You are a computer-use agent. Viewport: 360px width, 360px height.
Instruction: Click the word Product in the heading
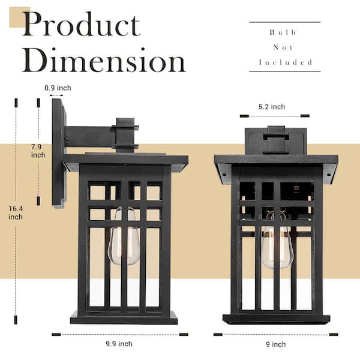click(82, 24)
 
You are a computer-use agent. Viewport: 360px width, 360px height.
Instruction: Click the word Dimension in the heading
click(104, 60)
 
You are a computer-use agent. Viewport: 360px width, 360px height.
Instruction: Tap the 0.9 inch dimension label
click(58, 88)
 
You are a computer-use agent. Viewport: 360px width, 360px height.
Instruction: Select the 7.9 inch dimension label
click(38, 151)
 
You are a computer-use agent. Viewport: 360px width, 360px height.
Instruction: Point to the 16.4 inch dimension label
click(16, 213)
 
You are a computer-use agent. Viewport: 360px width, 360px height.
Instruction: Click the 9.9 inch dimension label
click(119, 344)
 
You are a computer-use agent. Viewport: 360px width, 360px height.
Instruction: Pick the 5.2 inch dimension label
click(272, 107)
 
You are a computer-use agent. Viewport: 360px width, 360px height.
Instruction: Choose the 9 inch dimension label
click(276, 344)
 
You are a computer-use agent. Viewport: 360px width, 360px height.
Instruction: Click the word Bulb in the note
click(283, 32)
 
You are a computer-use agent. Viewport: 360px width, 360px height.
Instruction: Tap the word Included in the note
click(286, 62)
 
